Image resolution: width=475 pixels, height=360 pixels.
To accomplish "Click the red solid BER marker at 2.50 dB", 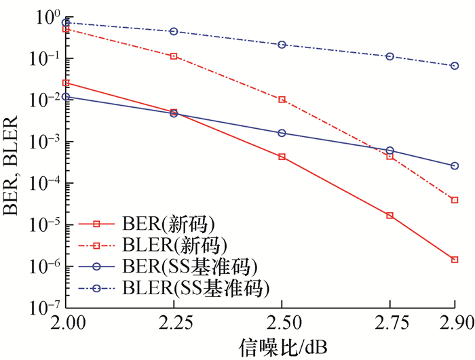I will pos(282,157).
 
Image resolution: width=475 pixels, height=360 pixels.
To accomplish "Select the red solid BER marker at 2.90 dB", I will pos(455,260).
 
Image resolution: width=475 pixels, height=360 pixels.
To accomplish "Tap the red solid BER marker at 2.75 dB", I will pos(390,216).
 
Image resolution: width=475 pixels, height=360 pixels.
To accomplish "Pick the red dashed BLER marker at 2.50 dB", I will pos(282,100).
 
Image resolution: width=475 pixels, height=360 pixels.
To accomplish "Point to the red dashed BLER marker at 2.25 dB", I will pos(174,56).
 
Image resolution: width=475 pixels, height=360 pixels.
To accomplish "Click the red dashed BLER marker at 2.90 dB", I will pos(455,200).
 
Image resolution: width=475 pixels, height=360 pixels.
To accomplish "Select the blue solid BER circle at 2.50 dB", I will pos(282,133).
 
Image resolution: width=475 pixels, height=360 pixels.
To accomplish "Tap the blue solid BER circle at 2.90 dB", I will pos(455,165).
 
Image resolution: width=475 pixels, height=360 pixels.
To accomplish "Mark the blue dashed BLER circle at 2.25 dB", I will pos(174,31).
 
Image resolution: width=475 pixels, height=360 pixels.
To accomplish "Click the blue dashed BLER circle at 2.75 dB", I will pos(390,56).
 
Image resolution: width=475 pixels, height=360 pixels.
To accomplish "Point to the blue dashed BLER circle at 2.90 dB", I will pos(455,66).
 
